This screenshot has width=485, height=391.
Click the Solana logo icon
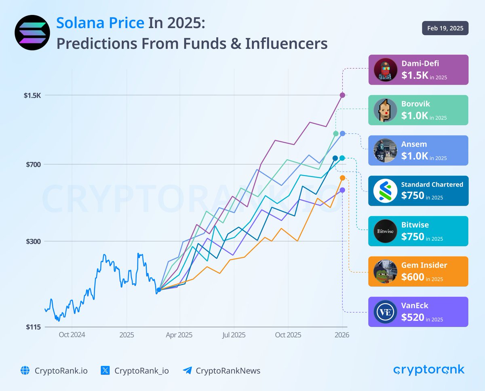click(32, 32)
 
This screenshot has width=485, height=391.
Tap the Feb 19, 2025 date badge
click(445, 28)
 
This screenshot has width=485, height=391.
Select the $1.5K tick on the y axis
click(32, 96)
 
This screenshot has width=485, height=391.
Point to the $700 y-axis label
click(33, 164)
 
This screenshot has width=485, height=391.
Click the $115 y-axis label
click(33, 327)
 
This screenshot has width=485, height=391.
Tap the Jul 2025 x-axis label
click(234, 335)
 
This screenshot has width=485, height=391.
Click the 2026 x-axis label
click(342, 335)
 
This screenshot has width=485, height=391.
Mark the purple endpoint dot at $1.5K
click(342, 95)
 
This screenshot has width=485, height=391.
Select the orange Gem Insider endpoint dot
click(342, 178)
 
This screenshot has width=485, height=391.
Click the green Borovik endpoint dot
click(336, 134)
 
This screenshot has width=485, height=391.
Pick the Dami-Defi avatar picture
click(385, 70)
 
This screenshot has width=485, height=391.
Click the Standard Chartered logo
click(385, 191)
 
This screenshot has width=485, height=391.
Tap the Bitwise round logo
click(385, 231)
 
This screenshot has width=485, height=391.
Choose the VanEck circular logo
click(385, 312)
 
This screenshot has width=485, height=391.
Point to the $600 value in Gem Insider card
click(413, 277)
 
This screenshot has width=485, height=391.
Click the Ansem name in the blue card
click(414, 144)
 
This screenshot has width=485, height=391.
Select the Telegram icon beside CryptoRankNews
click(187, 370)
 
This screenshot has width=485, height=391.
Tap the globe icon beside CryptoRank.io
click(25, 370)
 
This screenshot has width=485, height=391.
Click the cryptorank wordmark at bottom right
click(429, 370)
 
